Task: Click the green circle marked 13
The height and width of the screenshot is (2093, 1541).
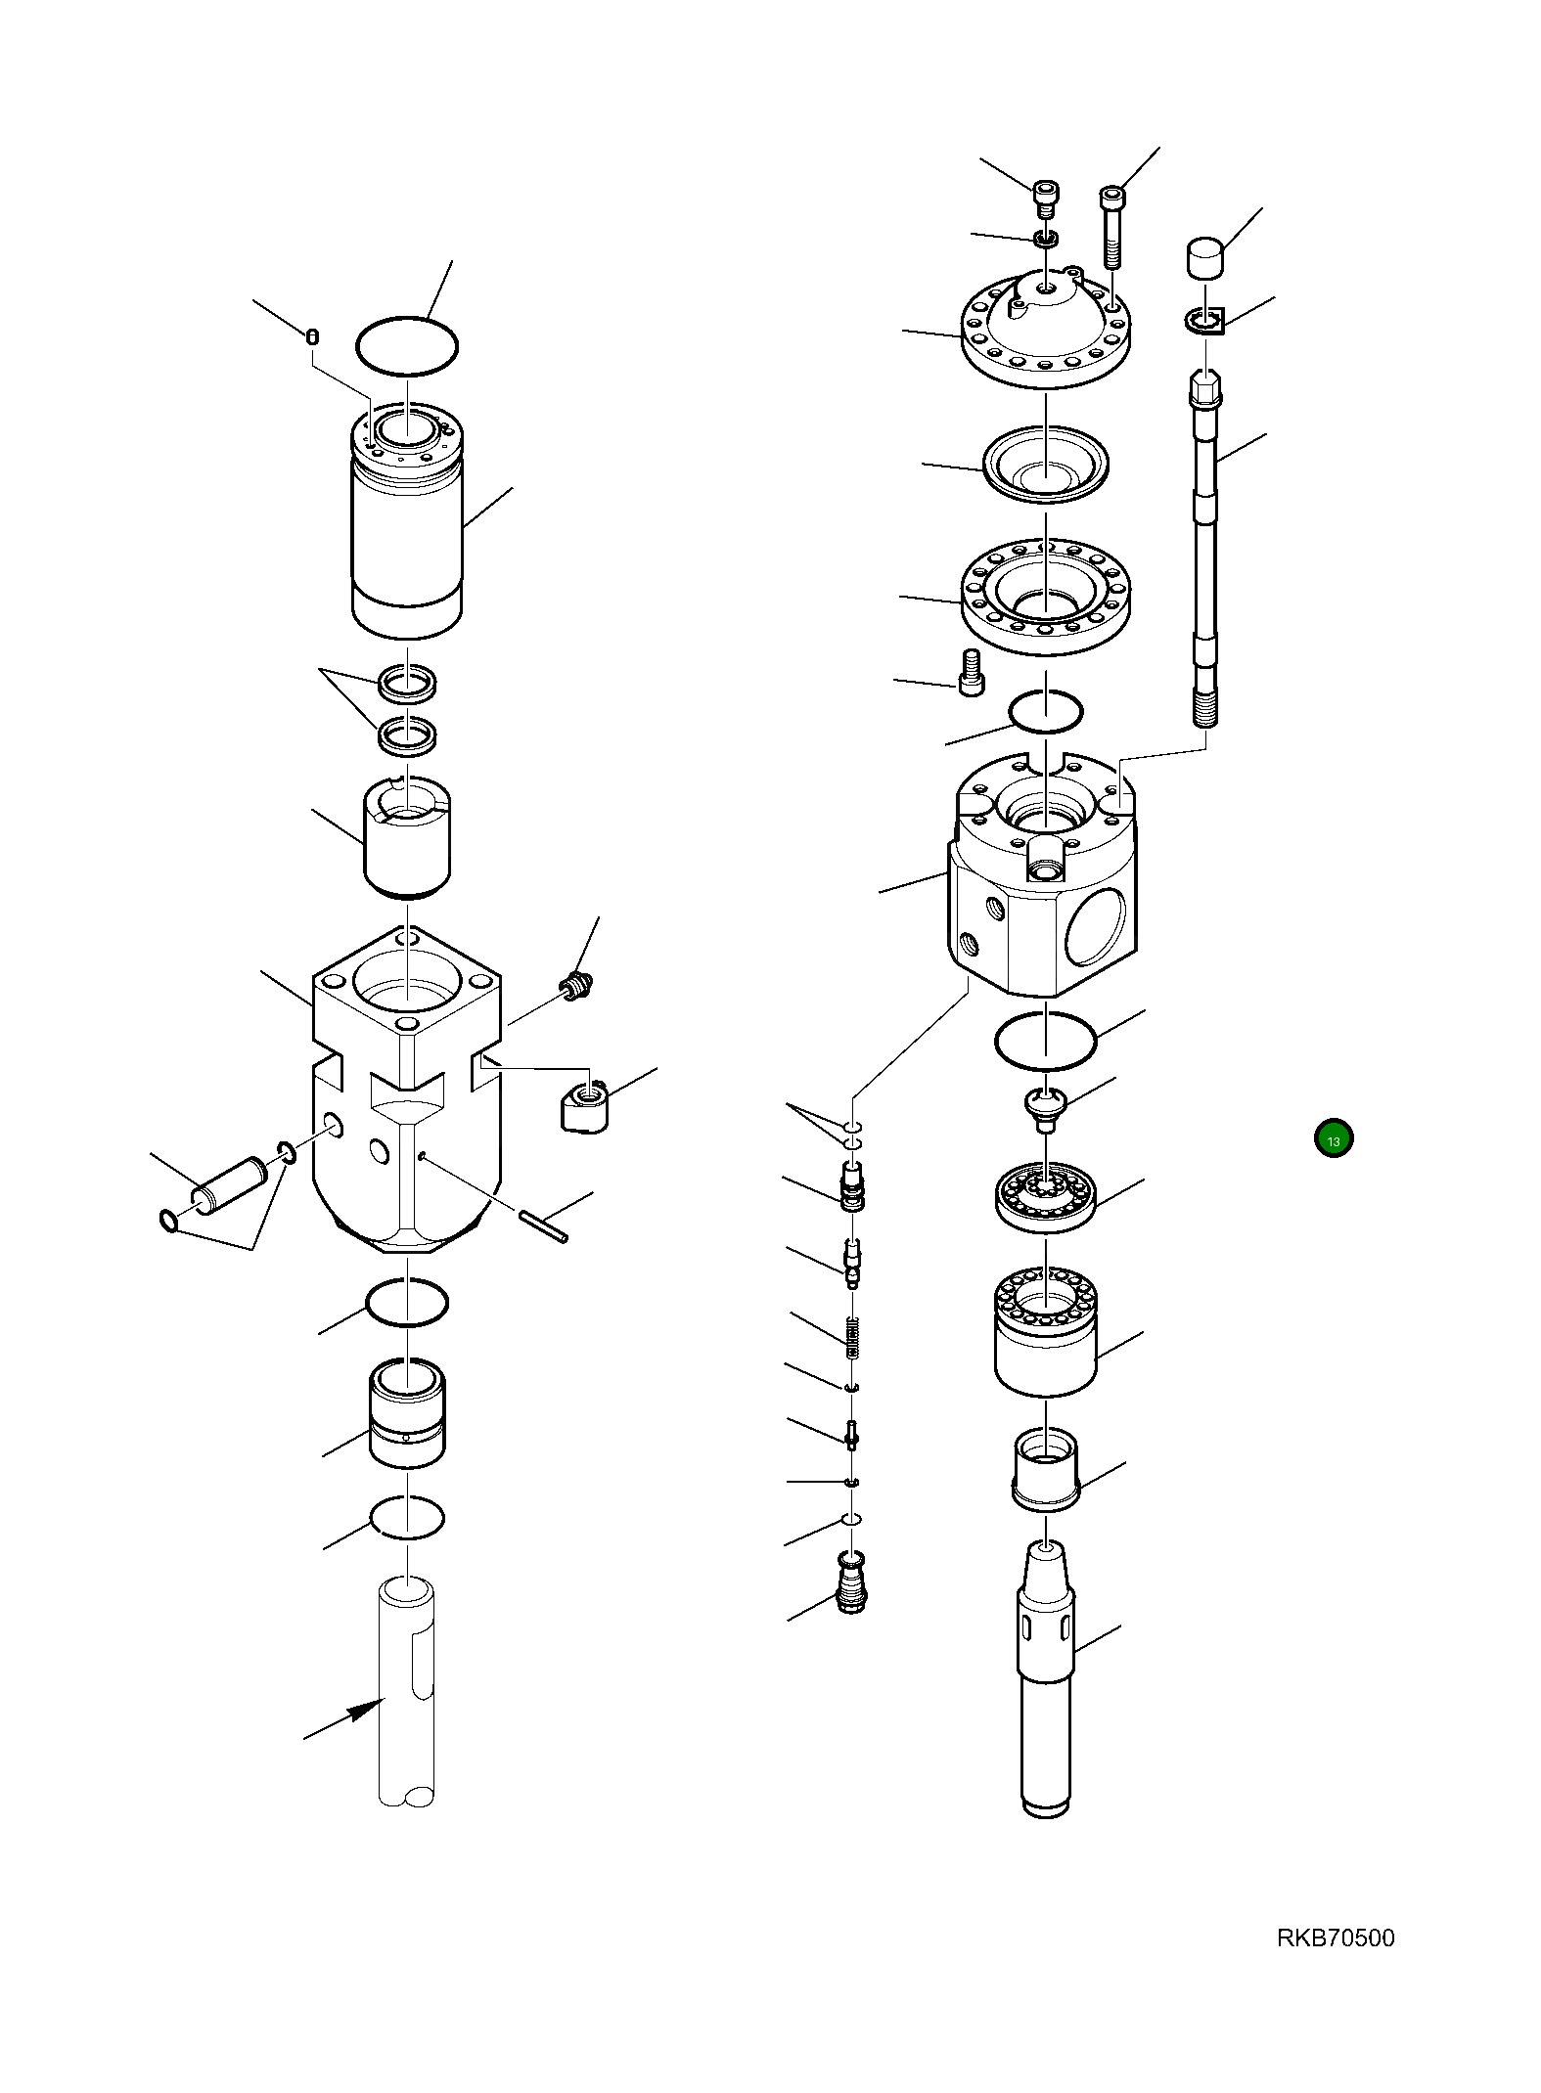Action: (x=1333, y=1138)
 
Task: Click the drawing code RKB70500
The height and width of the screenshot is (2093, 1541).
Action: (x=1335, y=1937)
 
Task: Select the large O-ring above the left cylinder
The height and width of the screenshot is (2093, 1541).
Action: (x=406, y=345)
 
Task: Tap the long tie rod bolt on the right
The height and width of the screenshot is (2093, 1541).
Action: (x=1205, y=548)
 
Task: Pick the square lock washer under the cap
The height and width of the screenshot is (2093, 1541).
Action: (x=1206, y=320)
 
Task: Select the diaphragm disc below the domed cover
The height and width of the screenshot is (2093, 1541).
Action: (x=1045, y=466)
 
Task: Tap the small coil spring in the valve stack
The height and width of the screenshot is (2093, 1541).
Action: (x=852, y=1336)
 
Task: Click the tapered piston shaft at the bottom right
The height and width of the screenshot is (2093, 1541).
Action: (x=1046, y=1678)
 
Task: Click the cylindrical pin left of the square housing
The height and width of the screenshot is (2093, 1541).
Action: (x=230, y=1185)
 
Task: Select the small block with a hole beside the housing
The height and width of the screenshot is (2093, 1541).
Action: (x=584, y=1106)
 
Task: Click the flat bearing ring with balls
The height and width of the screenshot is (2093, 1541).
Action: (x=1045, y=1196)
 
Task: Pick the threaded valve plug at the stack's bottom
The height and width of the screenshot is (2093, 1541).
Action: (x=852, y=1581)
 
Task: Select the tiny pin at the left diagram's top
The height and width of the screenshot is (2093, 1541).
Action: (x=312, y=337)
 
